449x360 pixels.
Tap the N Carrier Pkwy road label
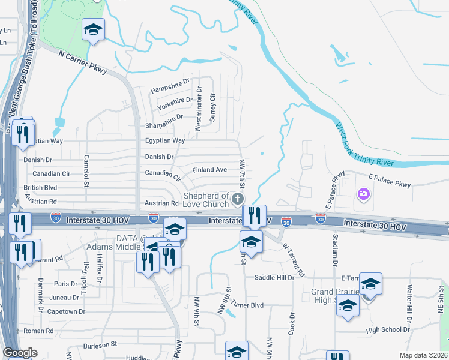click(83, 62)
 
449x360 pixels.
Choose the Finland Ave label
click(209, 170)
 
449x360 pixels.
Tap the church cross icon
click(238, 199)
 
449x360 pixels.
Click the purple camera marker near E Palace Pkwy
click(363, 194)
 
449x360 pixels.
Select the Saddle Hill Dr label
click(274, 277)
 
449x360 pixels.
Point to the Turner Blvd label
click(247, 305)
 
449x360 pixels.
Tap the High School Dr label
click(387, 329)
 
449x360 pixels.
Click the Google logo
click(20, 353)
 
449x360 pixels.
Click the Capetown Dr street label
click(62, 311)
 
